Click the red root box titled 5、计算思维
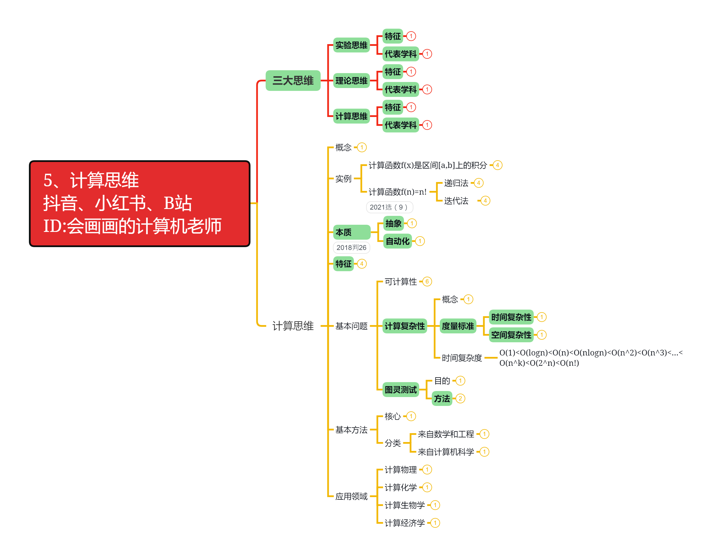click(x=139, y=204)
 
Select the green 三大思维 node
click(x=293, y=80)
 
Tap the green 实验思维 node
click(x=351, y=45)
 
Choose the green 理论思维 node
click(x=351, y=80)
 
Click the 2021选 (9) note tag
click(x=389, y=207)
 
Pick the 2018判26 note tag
click(x=351, y=247)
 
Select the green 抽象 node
click(x=393, y=223)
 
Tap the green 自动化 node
click(x=397, y=241)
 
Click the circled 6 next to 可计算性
click(x=427, y=282)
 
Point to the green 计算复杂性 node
click(x=405, y=326)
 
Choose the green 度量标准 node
click(x=458, y=326)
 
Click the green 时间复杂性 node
click(x=511, y=317)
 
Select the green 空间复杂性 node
click(x=511, y=335)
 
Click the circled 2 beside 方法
click(x=460, y=398)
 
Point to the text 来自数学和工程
click(x=446, y=434)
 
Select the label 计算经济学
click(x=405, y=523)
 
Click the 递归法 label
click(x=456, y=183)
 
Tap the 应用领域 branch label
click(x=351, y=496)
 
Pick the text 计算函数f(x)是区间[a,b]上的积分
click(x=428, y=165)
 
